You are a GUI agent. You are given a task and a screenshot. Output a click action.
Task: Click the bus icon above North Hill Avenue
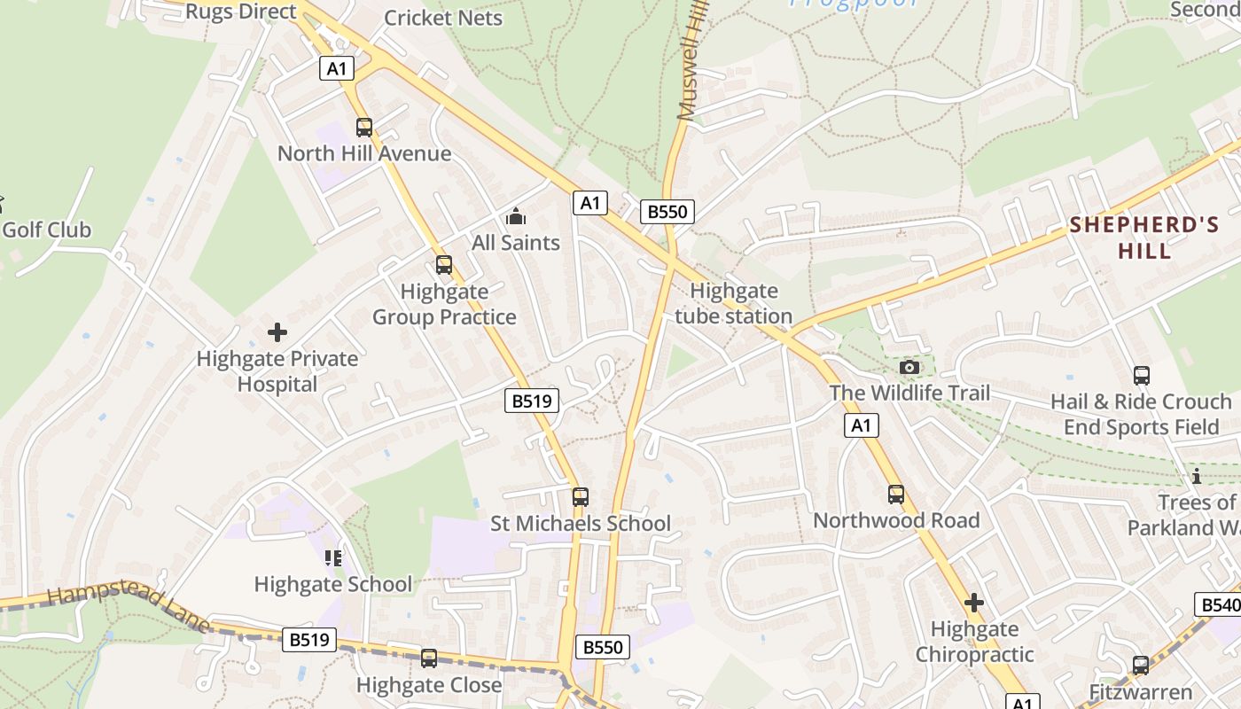tap(364, 127)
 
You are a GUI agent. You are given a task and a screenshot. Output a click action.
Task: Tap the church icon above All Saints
tap(516, 216)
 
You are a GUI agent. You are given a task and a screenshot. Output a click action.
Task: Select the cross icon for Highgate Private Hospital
tap(277, 332)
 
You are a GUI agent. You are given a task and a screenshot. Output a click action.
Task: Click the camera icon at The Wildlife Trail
tap(909, 367)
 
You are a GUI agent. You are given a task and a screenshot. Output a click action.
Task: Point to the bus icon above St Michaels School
tap(581, 497)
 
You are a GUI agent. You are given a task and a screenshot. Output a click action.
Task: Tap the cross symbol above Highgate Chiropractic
tap(974, 604)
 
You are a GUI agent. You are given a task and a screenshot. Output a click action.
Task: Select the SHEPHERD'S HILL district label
tap(1144, 238)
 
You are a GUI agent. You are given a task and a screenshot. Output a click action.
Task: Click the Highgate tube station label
tap(734, 303)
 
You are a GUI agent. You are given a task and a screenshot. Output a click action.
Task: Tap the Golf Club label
tap(46, 230)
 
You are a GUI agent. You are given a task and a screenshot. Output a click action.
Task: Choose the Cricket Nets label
tap(443, 18)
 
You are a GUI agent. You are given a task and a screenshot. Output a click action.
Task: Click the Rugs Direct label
tap(241, 12)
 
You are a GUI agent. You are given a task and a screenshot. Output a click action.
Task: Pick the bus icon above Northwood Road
tap(896, 495)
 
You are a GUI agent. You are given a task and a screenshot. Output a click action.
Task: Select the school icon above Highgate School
tap(333, 557)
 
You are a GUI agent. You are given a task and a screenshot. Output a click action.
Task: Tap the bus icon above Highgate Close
tap(429, 658)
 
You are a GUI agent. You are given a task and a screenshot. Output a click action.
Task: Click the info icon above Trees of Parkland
tap(1197, 477)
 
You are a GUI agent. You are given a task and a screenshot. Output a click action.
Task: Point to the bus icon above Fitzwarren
tap(1141, 665)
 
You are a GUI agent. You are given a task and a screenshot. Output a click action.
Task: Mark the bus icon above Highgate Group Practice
tap(444, 265)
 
